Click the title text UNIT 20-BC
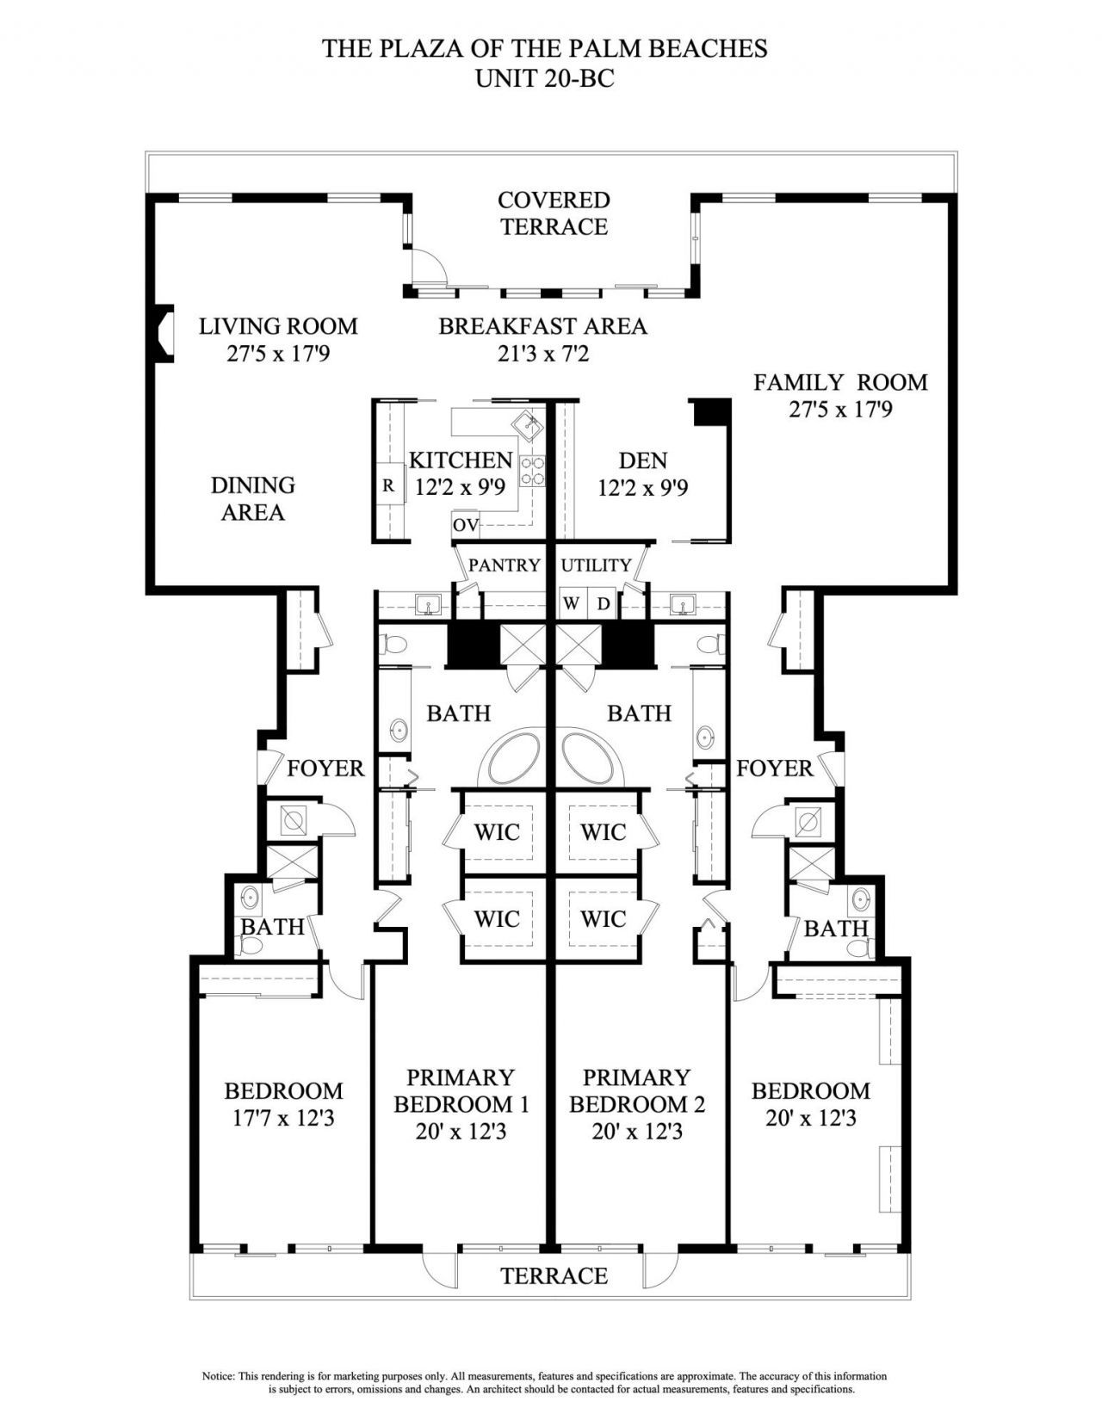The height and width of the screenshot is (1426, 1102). point(544,79)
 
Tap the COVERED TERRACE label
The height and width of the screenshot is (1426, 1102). point(554,213)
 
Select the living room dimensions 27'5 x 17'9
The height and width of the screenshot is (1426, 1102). point(278,354)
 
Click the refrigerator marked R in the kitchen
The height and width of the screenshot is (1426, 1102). point(388,485)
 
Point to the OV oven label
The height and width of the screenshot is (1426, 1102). point(465,525)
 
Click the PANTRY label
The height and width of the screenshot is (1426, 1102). point(504,565)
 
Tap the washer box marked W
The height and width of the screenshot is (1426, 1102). point(571,604)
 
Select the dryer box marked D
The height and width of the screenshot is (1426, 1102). point(604,604)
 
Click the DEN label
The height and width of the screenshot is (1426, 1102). point(642,461)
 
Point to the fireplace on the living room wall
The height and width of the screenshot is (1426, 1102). point(164,333)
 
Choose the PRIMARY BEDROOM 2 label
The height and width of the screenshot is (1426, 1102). point(637,1090)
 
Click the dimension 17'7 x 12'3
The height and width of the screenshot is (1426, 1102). point(283,1118)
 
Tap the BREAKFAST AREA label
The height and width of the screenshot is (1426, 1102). point(542,326)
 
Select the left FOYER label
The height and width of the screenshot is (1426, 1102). point(325,768)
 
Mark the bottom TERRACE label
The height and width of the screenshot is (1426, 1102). point(554,1275)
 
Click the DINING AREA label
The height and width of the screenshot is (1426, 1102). point(253,498)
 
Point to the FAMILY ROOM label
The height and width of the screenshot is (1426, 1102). point(840,382)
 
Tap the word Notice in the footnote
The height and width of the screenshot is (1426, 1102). point(218,1376)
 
